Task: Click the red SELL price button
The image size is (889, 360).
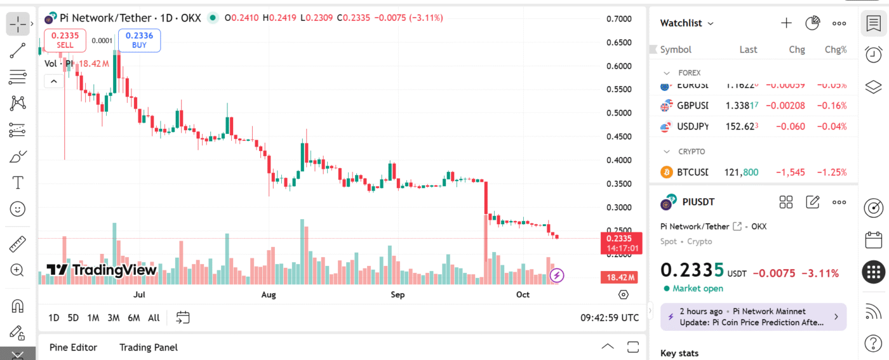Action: (x=65, y=40)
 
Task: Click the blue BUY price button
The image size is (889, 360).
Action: (x=139, y=40)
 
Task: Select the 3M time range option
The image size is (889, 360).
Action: (x=114, y=317)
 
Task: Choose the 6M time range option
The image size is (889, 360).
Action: (x=133, y=317)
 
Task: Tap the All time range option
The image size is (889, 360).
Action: (x=154, y=317)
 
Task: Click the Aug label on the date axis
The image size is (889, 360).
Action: (x=269, y=295)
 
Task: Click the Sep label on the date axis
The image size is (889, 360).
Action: (x=398, y=295)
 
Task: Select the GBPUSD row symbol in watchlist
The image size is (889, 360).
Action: (x=692, y=106)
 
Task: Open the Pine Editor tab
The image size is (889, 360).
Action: (x=73, y=347)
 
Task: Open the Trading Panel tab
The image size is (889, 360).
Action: (x=149, y=347)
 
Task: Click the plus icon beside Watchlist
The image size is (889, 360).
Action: (x=786, y=23)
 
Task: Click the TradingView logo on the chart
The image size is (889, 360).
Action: (x=102, y=270)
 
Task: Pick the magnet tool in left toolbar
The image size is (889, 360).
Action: (x=18, y=305)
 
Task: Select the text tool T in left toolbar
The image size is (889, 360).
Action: (x=18, y=183)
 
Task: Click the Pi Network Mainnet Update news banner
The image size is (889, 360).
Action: (x=753, y=317)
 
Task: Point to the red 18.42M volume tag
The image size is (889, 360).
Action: (x=619, y=277)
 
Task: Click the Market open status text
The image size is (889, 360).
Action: (x=697, y=288)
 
